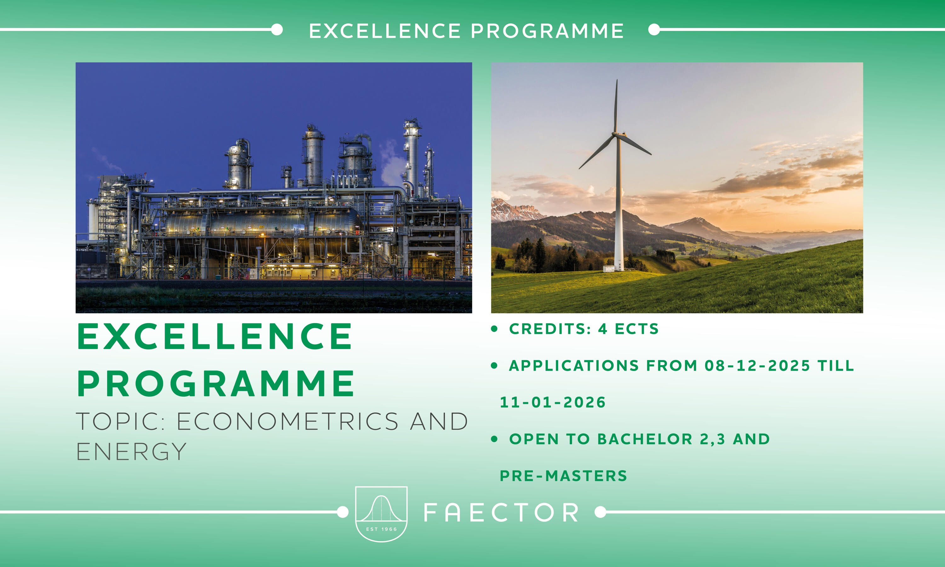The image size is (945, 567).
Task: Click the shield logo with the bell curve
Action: click(381, 514)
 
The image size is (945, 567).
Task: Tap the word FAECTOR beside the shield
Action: click(501, 513)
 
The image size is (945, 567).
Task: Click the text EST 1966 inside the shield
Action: click(381, 529)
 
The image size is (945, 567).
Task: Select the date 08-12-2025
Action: click(757, 366)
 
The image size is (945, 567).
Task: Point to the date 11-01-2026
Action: click(553, 402)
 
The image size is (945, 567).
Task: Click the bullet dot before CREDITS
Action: click(495, 329)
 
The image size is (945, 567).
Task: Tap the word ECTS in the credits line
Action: click(637, 329)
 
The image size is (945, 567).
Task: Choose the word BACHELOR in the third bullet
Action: click(645, 439)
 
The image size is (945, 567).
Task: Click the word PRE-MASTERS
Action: click(564, 476)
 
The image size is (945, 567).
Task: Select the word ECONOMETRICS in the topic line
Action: click(287, 421)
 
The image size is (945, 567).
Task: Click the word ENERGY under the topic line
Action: click(131, 452)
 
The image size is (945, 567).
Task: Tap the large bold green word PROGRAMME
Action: click(216, 383)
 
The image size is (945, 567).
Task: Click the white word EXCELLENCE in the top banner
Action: click(385, 31)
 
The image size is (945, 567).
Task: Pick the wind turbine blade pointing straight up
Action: click(616, 106)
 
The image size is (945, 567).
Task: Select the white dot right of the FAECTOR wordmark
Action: click(600, 512)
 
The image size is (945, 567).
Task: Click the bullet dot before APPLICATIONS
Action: click(495, 366)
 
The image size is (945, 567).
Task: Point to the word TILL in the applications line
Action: click(835, 366)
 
